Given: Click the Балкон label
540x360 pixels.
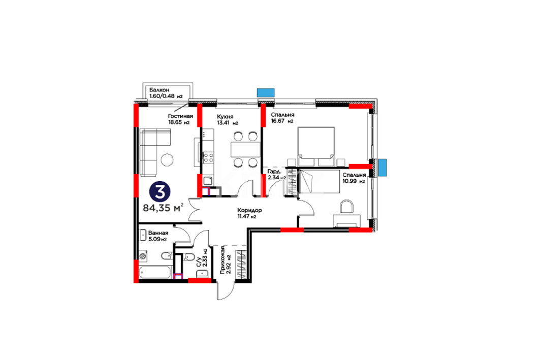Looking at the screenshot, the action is pos(159,90).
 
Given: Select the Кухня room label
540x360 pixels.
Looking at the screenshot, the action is pos(225,117).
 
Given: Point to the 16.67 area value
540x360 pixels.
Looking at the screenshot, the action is pos(277,121).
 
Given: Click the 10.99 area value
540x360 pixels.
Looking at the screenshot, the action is pos(348,181).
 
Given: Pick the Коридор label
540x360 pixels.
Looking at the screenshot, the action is pos(249,210).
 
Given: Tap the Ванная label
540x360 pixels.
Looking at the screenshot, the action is pos(158,233).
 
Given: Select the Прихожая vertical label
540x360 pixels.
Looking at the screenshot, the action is pos(223,260).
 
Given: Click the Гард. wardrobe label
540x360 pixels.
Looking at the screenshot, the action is pos(274,172).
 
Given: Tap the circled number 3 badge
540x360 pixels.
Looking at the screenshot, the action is pos(160,192).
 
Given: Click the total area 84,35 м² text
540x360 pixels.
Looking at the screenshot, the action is pos(163,208).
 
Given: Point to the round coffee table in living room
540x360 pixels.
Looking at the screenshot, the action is pos(167,159).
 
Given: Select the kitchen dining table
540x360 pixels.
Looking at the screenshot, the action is pos(245,149).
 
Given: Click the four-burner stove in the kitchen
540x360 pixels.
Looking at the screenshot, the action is pos(208,158).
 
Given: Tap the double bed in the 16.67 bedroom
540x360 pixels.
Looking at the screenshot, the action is pos(316,147).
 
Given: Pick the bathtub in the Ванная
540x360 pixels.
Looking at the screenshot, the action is pos(155,273).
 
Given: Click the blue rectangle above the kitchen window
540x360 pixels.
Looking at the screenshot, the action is pos(266,92).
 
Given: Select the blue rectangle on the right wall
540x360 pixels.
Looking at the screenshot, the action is pos(383,168).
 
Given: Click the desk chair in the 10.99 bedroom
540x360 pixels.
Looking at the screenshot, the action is pos(347,207).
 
